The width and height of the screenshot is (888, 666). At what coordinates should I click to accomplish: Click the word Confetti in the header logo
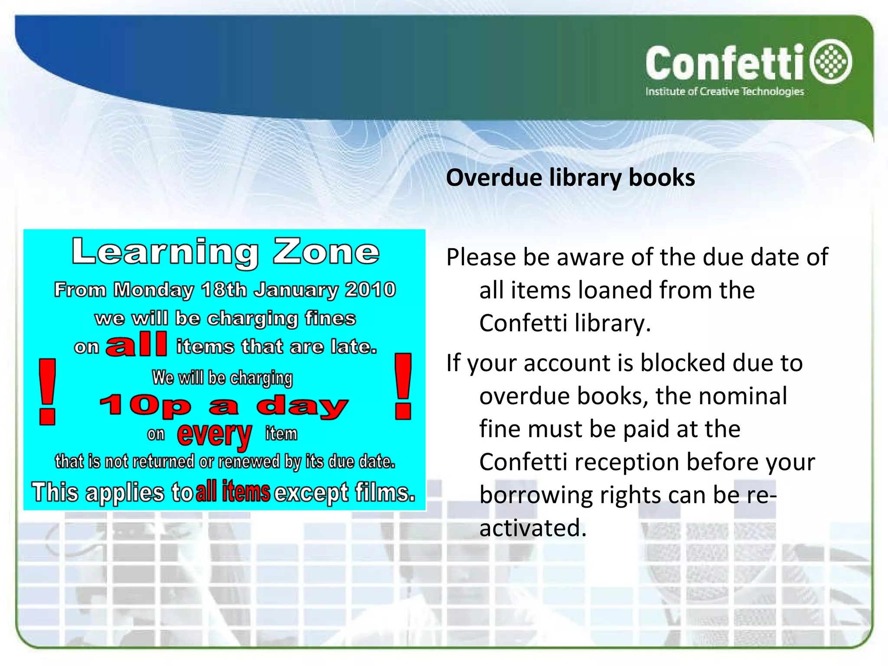point(725,64)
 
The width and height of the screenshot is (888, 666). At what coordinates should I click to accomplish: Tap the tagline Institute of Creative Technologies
point(724,91)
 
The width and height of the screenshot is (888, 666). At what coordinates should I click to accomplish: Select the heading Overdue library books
point(570,178)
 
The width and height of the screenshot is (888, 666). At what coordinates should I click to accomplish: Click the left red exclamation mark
point(47,392)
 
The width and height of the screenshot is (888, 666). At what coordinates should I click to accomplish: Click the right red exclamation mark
point(403,386)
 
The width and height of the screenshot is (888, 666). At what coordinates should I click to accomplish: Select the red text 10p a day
point(224,406)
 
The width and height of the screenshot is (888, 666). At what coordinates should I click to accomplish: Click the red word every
point(214,434)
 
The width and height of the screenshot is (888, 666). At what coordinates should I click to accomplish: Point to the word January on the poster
point(295,290)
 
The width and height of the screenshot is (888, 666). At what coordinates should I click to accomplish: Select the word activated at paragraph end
point(532,528)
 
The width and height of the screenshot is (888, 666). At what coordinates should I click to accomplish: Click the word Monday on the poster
point(153,290)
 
